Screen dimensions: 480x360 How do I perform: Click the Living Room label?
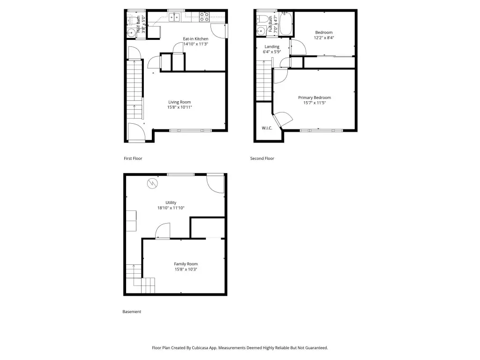[x=180, y=102]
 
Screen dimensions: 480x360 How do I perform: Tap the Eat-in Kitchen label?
[x=195, y=39]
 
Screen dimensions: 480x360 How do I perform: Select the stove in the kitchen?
[x=204, y=17]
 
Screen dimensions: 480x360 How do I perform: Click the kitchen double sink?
[x=174, y=17]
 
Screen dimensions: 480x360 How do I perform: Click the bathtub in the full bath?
[x=286, y=23]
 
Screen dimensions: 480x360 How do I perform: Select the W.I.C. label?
[x=267, y=128]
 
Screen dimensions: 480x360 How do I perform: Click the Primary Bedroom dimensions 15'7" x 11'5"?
[x=315, y=103]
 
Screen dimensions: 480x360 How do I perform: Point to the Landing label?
[x=272, y=47]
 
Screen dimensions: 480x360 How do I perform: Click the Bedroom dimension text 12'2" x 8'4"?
[x=324, y=37]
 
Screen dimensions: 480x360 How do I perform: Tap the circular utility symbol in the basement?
[x=152, y=183]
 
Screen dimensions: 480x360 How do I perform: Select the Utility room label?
[x=171, y=202]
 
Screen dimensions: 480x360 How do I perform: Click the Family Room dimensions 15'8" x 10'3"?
[x=186, y=270]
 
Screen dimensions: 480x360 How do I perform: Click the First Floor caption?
[x=133, y=158]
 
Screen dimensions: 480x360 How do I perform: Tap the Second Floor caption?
[x=262, y=158]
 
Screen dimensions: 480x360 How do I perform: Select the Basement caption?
[x=132, y=312]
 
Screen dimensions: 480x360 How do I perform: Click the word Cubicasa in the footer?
[x=200, y=348]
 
